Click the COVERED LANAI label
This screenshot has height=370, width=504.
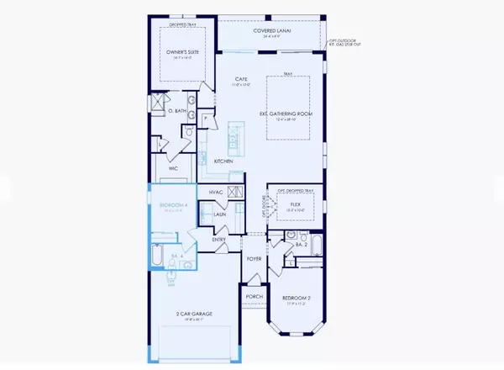click(270, 31)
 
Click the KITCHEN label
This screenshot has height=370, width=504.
click(223, 161)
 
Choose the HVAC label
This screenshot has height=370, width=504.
click(215, 193)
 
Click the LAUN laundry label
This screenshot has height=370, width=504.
click(220, 214)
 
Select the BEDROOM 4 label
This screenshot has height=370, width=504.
click(172, 204)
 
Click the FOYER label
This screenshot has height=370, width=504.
click(255, 258)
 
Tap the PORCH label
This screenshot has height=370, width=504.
click(255, 296)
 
